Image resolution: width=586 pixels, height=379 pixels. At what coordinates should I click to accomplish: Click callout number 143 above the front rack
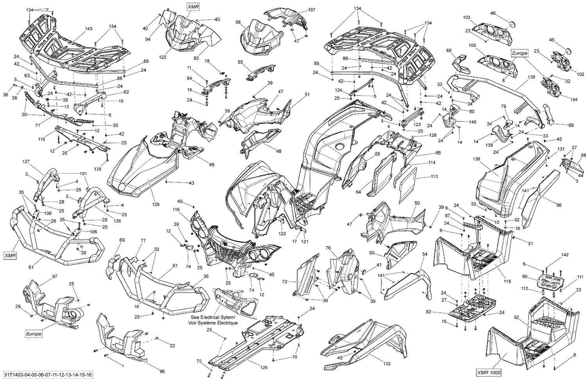(x=89, y=29)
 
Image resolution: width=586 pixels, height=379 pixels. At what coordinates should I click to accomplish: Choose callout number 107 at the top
(x=311, y=9)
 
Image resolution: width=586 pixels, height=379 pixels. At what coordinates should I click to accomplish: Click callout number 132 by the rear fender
(x=387, y=363)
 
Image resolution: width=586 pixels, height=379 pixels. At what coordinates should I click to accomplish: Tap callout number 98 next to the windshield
(x=238, y=23)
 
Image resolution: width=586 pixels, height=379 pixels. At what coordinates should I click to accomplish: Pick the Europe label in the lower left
(x=34, y=334)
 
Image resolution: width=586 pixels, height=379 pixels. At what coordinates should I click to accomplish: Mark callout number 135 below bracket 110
(x=98, y=169)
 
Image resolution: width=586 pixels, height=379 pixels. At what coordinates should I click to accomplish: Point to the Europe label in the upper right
(x=520, y=53)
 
